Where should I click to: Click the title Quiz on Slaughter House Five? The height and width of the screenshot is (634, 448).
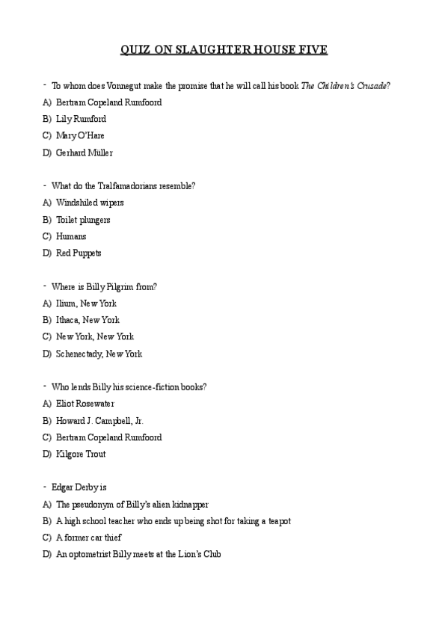[224, 50]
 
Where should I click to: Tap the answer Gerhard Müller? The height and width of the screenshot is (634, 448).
[84, 153]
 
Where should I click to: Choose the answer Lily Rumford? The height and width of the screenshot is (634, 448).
[81, 119]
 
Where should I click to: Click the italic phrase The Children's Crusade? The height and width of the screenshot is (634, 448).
[344, 86]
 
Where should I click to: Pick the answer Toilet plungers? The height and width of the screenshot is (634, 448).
[83, 220]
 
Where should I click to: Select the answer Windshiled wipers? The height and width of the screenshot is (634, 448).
[90, 203]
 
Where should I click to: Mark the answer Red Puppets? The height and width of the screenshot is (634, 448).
[79, 253]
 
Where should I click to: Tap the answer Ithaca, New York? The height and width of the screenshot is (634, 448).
[88, 320]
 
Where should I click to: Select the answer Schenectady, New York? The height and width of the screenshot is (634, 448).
[99, 354]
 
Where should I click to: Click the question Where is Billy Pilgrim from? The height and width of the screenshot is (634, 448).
[104, 286]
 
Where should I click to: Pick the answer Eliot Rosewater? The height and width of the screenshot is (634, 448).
[85, 404]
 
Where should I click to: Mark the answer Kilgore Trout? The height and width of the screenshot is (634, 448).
[81, 454]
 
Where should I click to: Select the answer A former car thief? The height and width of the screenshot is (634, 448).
[88, 538]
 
